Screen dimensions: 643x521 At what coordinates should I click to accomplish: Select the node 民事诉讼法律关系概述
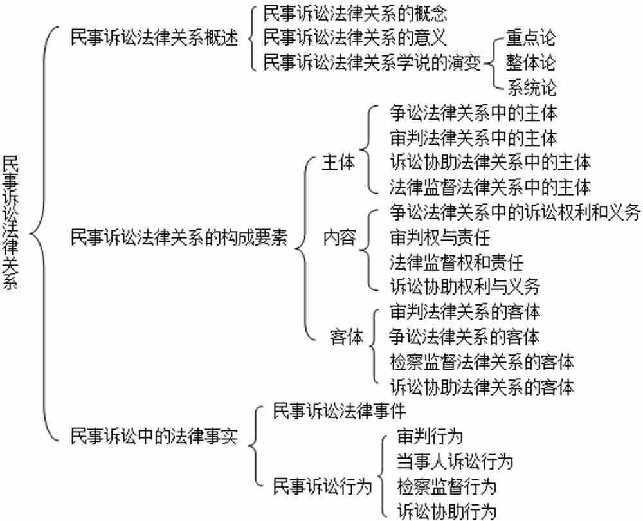coord(154,37)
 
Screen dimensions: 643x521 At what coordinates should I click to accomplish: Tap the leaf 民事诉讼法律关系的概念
coord(355,14)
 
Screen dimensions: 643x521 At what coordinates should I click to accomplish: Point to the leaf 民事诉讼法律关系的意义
coord(355,37)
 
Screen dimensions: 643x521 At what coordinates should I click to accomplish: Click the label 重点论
coord(531,37)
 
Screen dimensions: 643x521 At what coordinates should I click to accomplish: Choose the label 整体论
coord(531,62)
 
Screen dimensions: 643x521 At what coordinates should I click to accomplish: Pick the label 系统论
coord(532,87)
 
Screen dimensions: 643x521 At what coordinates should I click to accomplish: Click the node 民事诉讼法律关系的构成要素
coord(179,237)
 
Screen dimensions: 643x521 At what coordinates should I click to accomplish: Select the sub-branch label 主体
coord(338,163)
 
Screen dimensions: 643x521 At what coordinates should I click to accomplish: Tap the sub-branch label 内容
coord(339,237)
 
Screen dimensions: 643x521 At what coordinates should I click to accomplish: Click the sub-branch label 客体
coord(347,337)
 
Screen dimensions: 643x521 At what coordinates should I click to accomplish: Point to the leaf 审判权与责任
coord(440,237)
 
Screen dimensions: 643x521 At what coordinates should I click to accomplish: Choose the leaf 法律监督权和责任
coord(457,262)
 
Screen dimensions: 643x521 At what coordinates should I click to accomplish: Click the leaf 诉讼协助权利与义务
coord(465,286)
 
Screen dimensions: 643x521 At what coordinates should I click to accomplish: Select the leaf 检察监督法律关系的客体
coord(482,362)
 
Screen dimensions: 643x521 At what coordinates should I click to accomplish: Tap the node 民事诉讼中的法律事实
coord(154,436)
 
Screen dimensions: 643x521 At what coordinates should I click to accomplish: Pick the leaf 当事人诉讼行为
coord(455,462)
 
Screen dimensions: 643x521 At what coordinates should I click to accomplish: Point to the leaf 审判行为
coord(430,437)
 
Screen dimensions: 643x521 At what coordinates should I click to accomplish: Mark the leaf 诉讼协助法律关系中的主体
coord(490,163)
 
